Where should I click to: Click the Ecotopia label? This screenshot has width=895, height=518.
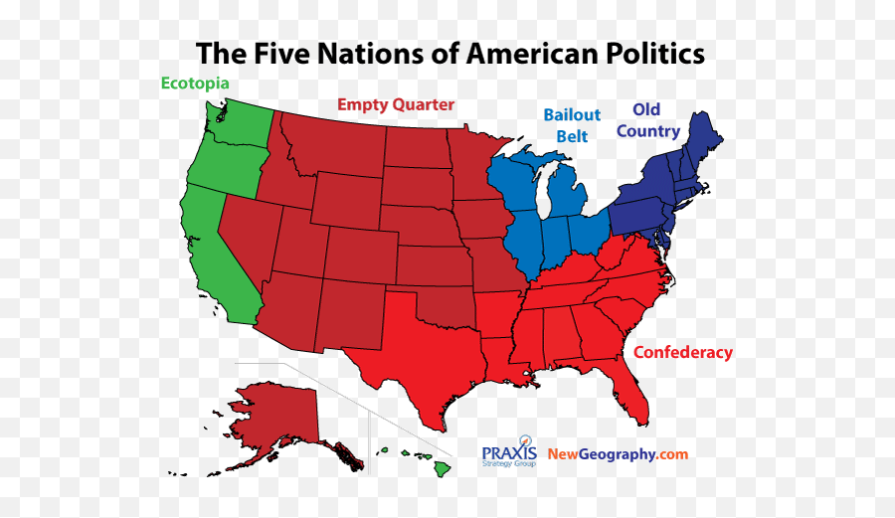pos(195,84)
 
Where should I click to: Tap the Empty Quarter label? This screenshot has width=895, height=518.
pos(396,104)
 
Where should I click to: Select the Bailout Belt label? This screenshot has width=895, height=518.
pos(572,126)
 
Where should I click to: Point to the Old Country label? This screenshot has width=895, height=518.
pos(647,120)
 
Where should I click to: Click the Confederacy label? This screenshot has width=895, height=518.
pos(682,352)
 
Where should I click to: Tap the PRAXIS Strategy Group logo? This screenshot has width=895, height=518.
pos(509,454)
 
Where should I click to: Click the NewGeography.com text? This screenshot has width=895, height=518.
pos(617,454)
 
